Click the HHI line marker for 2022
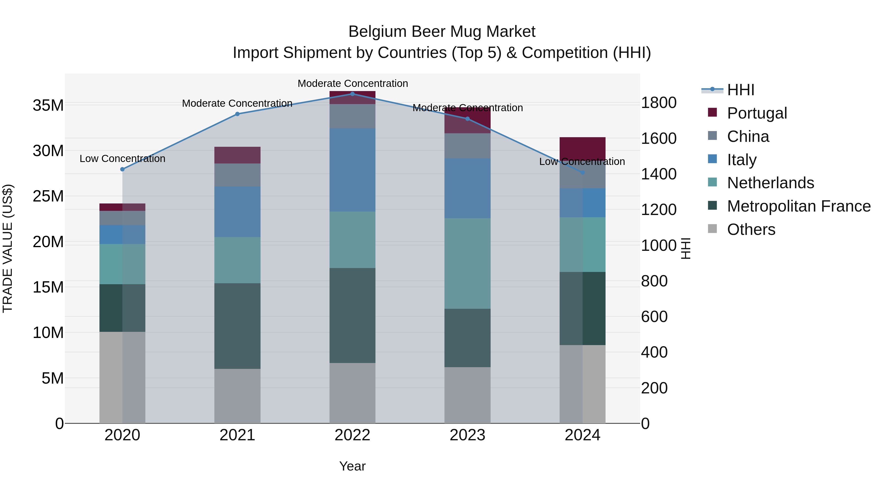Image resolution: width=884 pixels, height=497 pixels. point(352,94)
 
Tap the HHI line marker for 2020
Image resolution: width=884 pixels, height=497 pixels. point(123,169)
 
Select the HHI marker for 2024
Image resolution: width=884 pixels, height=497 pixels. point(582,173)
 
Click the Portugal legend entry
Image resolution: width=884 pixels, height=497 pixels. point(757,113)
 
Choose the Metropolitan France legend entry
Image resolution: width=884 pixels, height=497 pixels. point(799,206)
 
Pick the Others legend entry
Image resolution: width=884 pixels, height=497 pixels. point(751,229)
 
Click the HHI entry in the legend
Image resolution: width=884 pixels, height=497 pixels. point(741,90)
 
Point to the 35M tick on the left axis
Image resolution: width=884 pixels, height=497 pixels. point(48,105)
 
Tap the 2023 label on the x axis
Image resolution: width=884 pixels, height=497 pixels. point(467,435)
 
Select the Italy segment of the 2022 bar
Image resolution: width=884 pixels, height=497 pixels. point(352,170)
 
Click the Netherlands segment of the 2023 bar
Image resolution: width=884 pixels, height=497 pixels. point(467,263)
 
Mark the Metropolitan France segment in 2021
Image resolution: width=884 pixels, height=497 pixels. point(237,326)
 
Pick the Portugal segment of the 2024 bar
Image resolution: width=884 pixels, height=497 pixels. point(582,148)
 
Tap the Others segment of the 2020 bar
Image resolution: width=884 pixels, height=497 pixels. point(123,377)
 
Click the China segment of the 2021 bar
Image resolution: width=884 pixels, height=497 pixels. point(237,175)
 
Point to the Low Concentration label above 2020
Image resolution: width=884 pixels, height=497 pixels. point(123,159)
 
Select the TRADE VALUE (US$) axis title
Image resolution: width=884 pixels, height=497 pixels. point(8,248)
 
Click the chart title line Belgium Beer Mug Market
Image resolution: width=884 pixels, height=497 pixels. point(442,32)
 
